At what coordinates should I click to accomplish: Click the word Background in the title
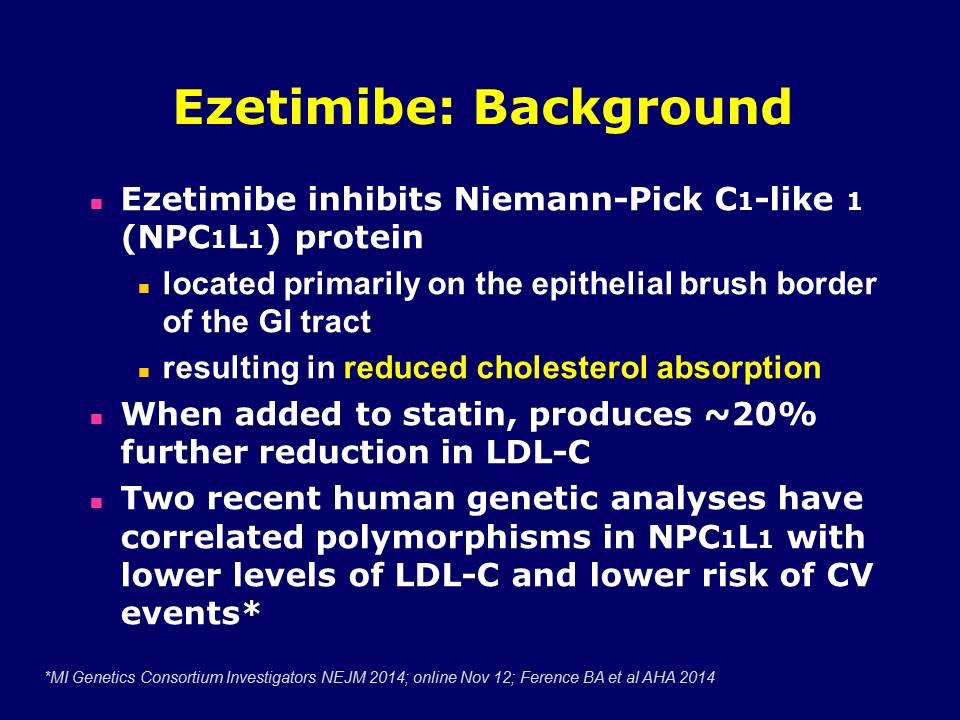click(x=633, y=108)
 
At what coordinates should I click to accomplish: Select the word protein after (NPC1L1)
click(x=359, y=238)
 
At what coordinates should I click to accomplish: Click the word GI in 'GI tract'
click(x=275, y=321)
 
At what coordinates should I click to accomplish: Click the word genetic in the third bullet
click(x=532, y=499)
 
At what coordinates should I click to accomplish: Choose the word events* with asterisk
click(x=191, y=613)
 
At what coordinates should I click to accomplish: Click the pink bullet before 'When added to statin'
click(x=97, y=419)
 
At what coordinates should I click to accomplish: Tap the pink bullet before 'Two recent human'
click(x=97, y=503)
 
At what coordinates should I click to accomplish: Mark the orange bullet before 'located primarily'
click(x=144, y=288)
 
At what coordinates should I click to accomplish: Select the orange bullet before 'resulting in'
click(x=144, y=371)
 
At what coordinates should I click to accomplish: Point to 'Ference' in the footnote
click(x=546, y=678)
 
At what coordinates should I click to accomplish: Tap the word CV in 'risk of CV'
click(x=849, y=575)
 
